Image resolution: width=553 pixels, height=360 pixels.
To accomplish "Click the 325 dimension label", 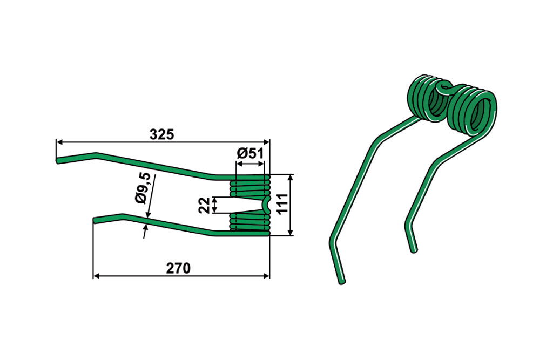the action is [x=162, y=134].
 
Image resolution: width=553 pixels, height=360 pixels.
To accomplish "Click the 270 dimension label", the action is [x=178, y=269].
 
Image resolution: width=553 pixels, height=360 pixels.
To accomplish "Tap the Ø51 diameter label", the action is [x=250, y=154].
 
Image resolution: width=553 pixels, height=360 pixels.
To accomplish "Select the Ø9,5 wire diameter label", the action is [x=143, y=188].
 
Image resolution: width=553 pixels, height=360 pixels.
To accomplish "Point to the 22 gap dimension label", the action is [x=204, y=205].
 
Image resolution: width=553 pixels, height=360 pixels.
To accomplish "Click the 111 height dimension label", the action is [x=282, y=204].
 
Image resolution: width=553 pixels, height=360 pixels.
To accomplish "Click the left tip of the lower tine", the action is [x=95, y=220].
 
